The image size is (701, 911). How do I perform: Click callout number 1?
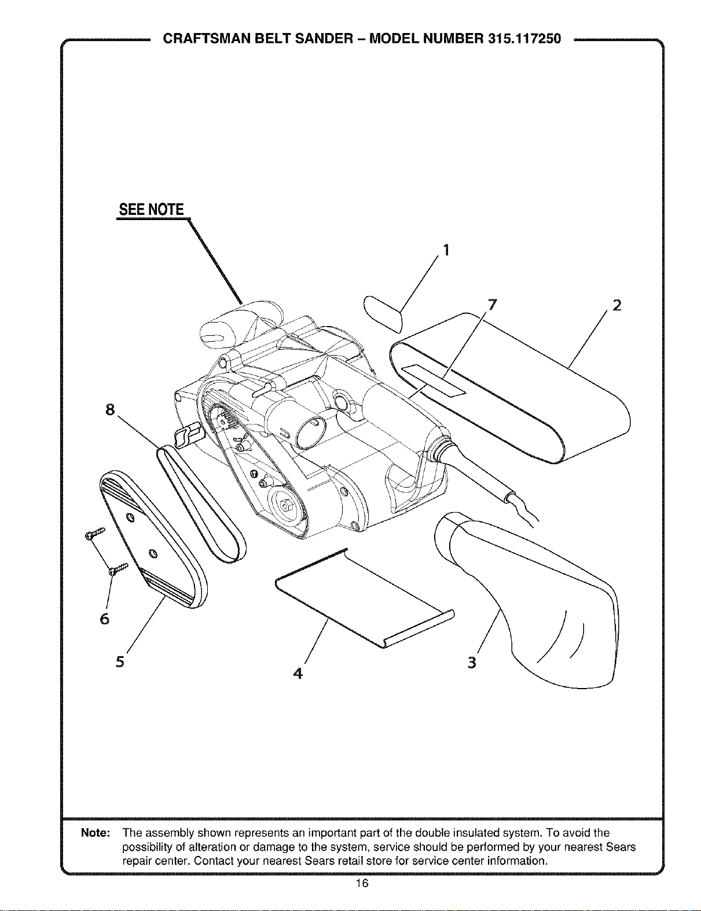coord(446,250)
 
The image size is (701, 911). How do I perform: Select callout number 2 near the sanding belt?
coord(616,305)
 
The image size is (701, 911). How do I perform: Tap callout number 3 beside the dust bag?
coord(472,663)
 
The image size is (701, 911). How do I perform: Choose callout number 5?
coord(120,661)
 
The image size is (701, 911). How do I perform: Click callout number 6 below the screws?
coord(105,619)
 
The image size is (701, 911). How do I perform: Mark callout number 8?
coord(110,409)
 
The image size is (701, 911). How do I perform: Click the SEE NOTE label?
coord(151,209)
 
